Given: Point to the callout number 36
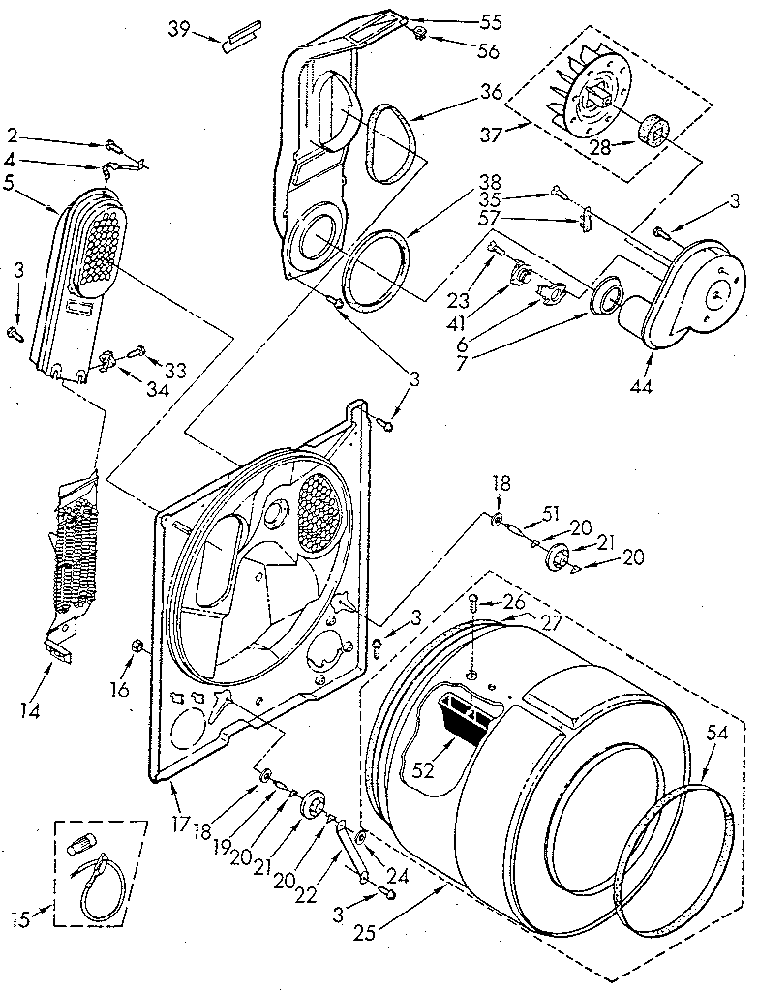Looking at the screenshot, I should point(490,94).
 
